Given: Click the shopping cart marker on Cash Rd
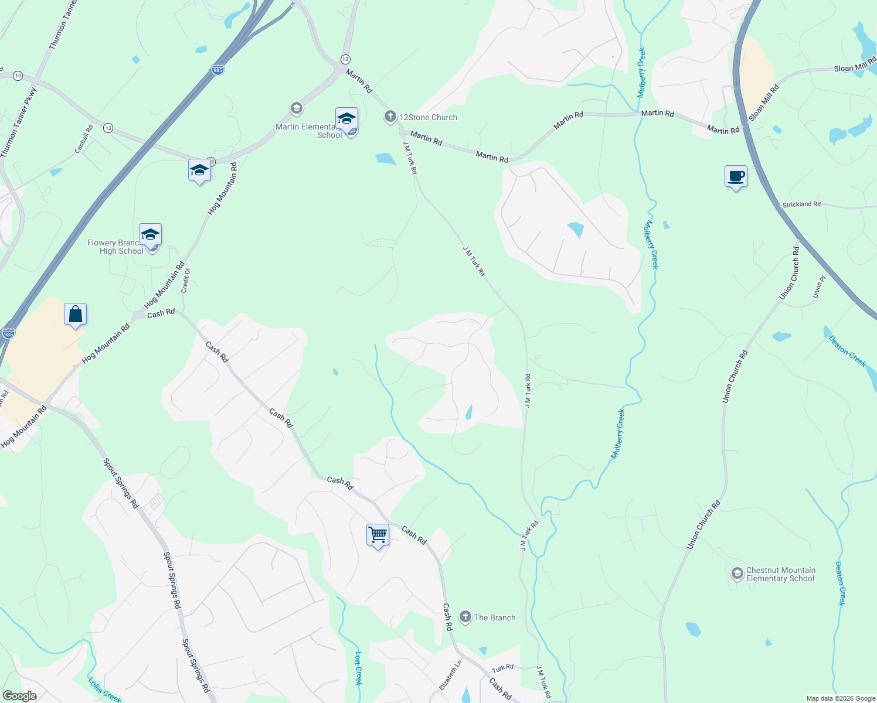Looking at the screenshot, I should point(378,535).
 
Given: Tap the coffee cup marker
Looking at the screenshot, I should point(736,176).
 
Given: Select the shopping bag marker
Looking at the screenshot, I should point(76,315).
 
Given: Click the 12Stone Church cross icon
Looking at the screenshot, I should point(390,117).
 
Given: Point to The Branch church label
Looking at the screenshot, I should point(495,617).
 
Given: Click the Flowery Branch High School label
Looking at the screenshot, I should point(115,247).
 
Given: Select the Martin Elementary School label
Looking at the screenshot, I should point(309,131).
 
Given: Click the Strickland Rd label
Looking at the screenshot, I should point(801,204).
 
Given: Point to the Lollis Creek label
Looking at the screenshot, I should point(104,690).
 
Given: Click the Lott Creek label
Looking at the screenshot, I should point(359,668).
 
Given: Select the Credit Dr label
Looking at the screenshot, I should point(186,280).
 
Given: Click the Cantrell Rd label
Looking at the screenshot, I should point(84,139).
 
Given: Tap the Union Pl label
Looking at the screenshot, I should point(819,289).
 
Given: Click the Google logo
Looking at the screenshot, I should point(19,696).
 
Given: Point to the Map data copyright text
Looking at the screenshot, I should point(841,698).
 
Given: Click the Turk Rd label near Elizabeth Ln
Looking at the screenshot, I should point(502,668).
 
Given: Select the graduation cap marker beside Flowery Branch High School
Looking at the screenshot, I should point(150,235).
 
